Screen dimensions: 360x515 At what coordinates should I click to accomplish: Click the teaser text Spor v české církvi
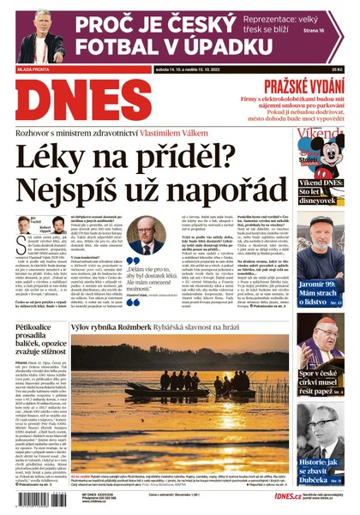[x=321, y=374]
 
